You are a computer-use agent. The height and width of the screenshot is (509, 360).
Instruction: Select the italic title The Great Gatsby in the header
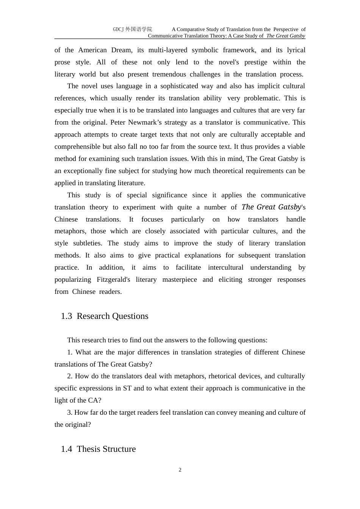point(285,36)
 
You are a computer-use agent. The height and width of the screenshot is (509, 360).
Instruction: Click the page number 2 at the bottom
point(180,470)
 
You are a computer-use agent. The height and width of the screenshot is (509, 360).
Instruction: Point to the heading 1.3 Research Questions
point(105,316)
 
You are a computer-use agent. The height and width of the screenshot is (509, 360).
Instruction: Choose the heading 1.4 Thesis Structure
point(98,449)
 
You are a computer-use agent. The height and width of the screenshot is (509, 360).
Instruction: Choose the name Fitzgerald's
point(113,279)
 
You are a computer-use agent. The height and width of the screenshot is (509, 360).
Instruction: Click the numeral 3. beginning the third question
point(70,412)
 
